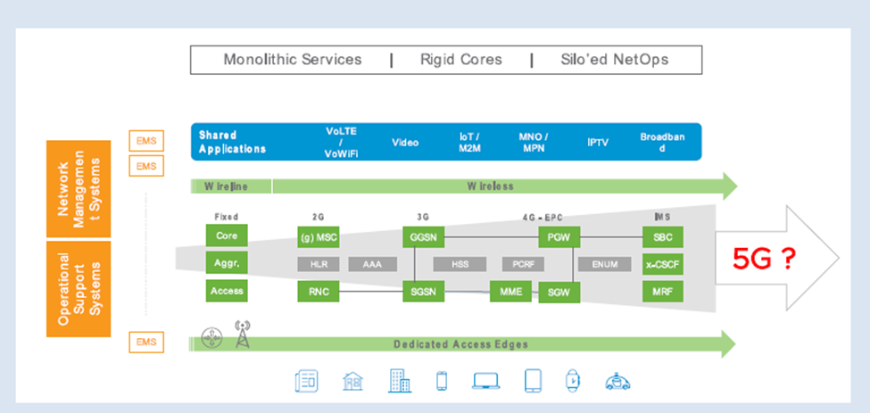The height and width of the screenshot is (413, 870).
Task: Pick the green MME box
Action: tap(511, 292)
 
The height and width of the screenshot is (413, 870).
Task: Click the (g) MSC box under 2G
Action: tap(319, 236)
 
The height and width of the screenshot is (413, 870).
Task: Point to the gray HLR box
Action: tap(319, 264)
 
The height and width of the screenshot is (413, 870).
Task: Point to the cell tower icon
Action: tap(242, 335)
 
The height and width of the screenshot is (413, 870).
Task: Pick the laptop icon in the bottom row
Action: tap(486, 381)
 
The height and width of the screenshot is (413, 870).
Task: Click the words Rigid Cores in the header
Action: tap(461, 60)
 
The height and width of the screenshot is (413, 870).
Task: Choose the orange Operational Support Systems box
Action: tap(79, 288)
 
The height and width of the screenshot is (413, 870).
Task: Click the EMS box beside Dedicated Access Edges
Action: tap(145, 343)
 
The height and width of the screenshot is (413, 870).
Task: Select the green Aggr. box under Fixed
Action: tap(225, 264)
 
